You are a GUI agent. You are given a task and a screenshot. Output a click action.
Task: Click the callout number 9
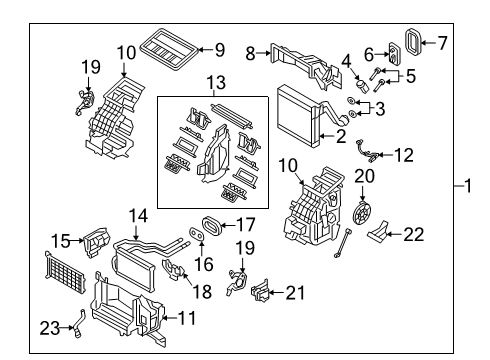click(x=220, y=50)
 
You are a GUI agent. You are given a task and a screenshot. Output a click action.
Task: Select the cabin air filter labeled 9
click(x=168, y=49)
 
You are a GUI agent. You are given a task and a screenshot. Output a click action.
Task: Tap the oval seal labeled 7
click(x=413, y=42)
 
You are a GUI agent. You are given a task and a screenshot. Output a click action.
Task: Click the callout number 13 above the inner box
click(x=216, y=82)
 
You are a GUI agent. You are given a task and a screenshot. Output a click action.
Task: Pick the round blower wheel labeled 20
click(x=362, y=213)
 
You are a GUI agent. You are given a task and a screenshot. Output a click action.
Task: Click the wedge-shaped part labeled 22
click(x=378, y=232)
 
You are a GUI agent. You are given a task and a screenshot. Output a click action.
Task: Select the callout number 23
click(x=50, y=328)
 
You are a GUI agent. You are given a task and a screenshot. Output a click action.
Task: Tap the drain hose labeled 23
click(x=79, y=324)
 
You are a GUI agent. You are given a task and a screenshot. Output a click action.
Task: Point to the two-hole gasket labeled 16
click(x=197, y=234)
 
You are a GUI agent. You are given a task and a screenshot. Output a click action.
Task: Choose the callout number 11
click(x=187, y=318)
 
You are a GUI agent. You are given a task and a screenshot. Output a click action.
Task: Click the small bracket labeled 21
click(x=260, y=291)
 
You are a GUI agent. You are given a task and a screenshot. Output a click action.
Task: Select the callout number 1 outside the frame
click(x=468, y=185)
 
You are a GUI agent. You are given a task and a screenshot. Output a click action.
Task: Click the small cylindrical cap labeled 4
click(x=362, y=85)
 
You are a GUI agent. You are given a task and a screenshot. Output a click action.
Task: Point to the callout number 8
click(x=250, y=53)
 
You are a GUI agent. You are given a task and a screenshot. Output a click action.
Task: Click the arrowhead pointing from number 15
click(x=81, y=240)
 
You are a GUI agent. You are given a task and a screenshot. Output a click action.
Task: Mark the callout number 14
click(x=138, y=216)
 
